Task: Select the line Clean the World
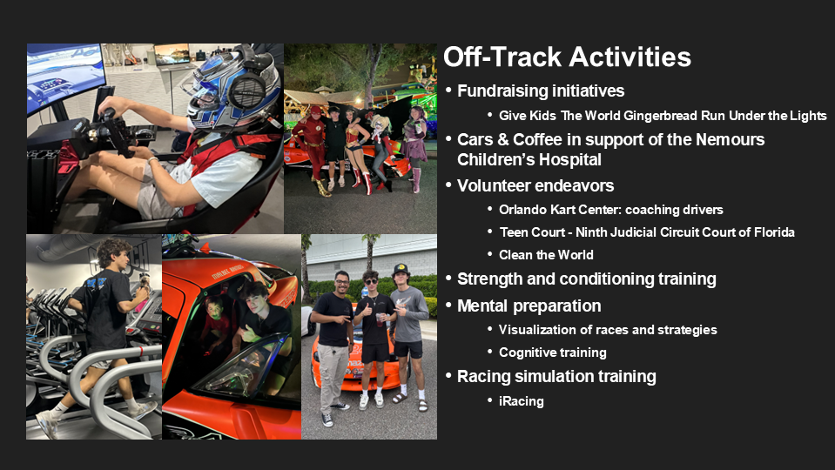click(546, 255)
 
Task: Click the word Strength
click(490, 279)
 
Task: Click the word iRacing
click(522, 401)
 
